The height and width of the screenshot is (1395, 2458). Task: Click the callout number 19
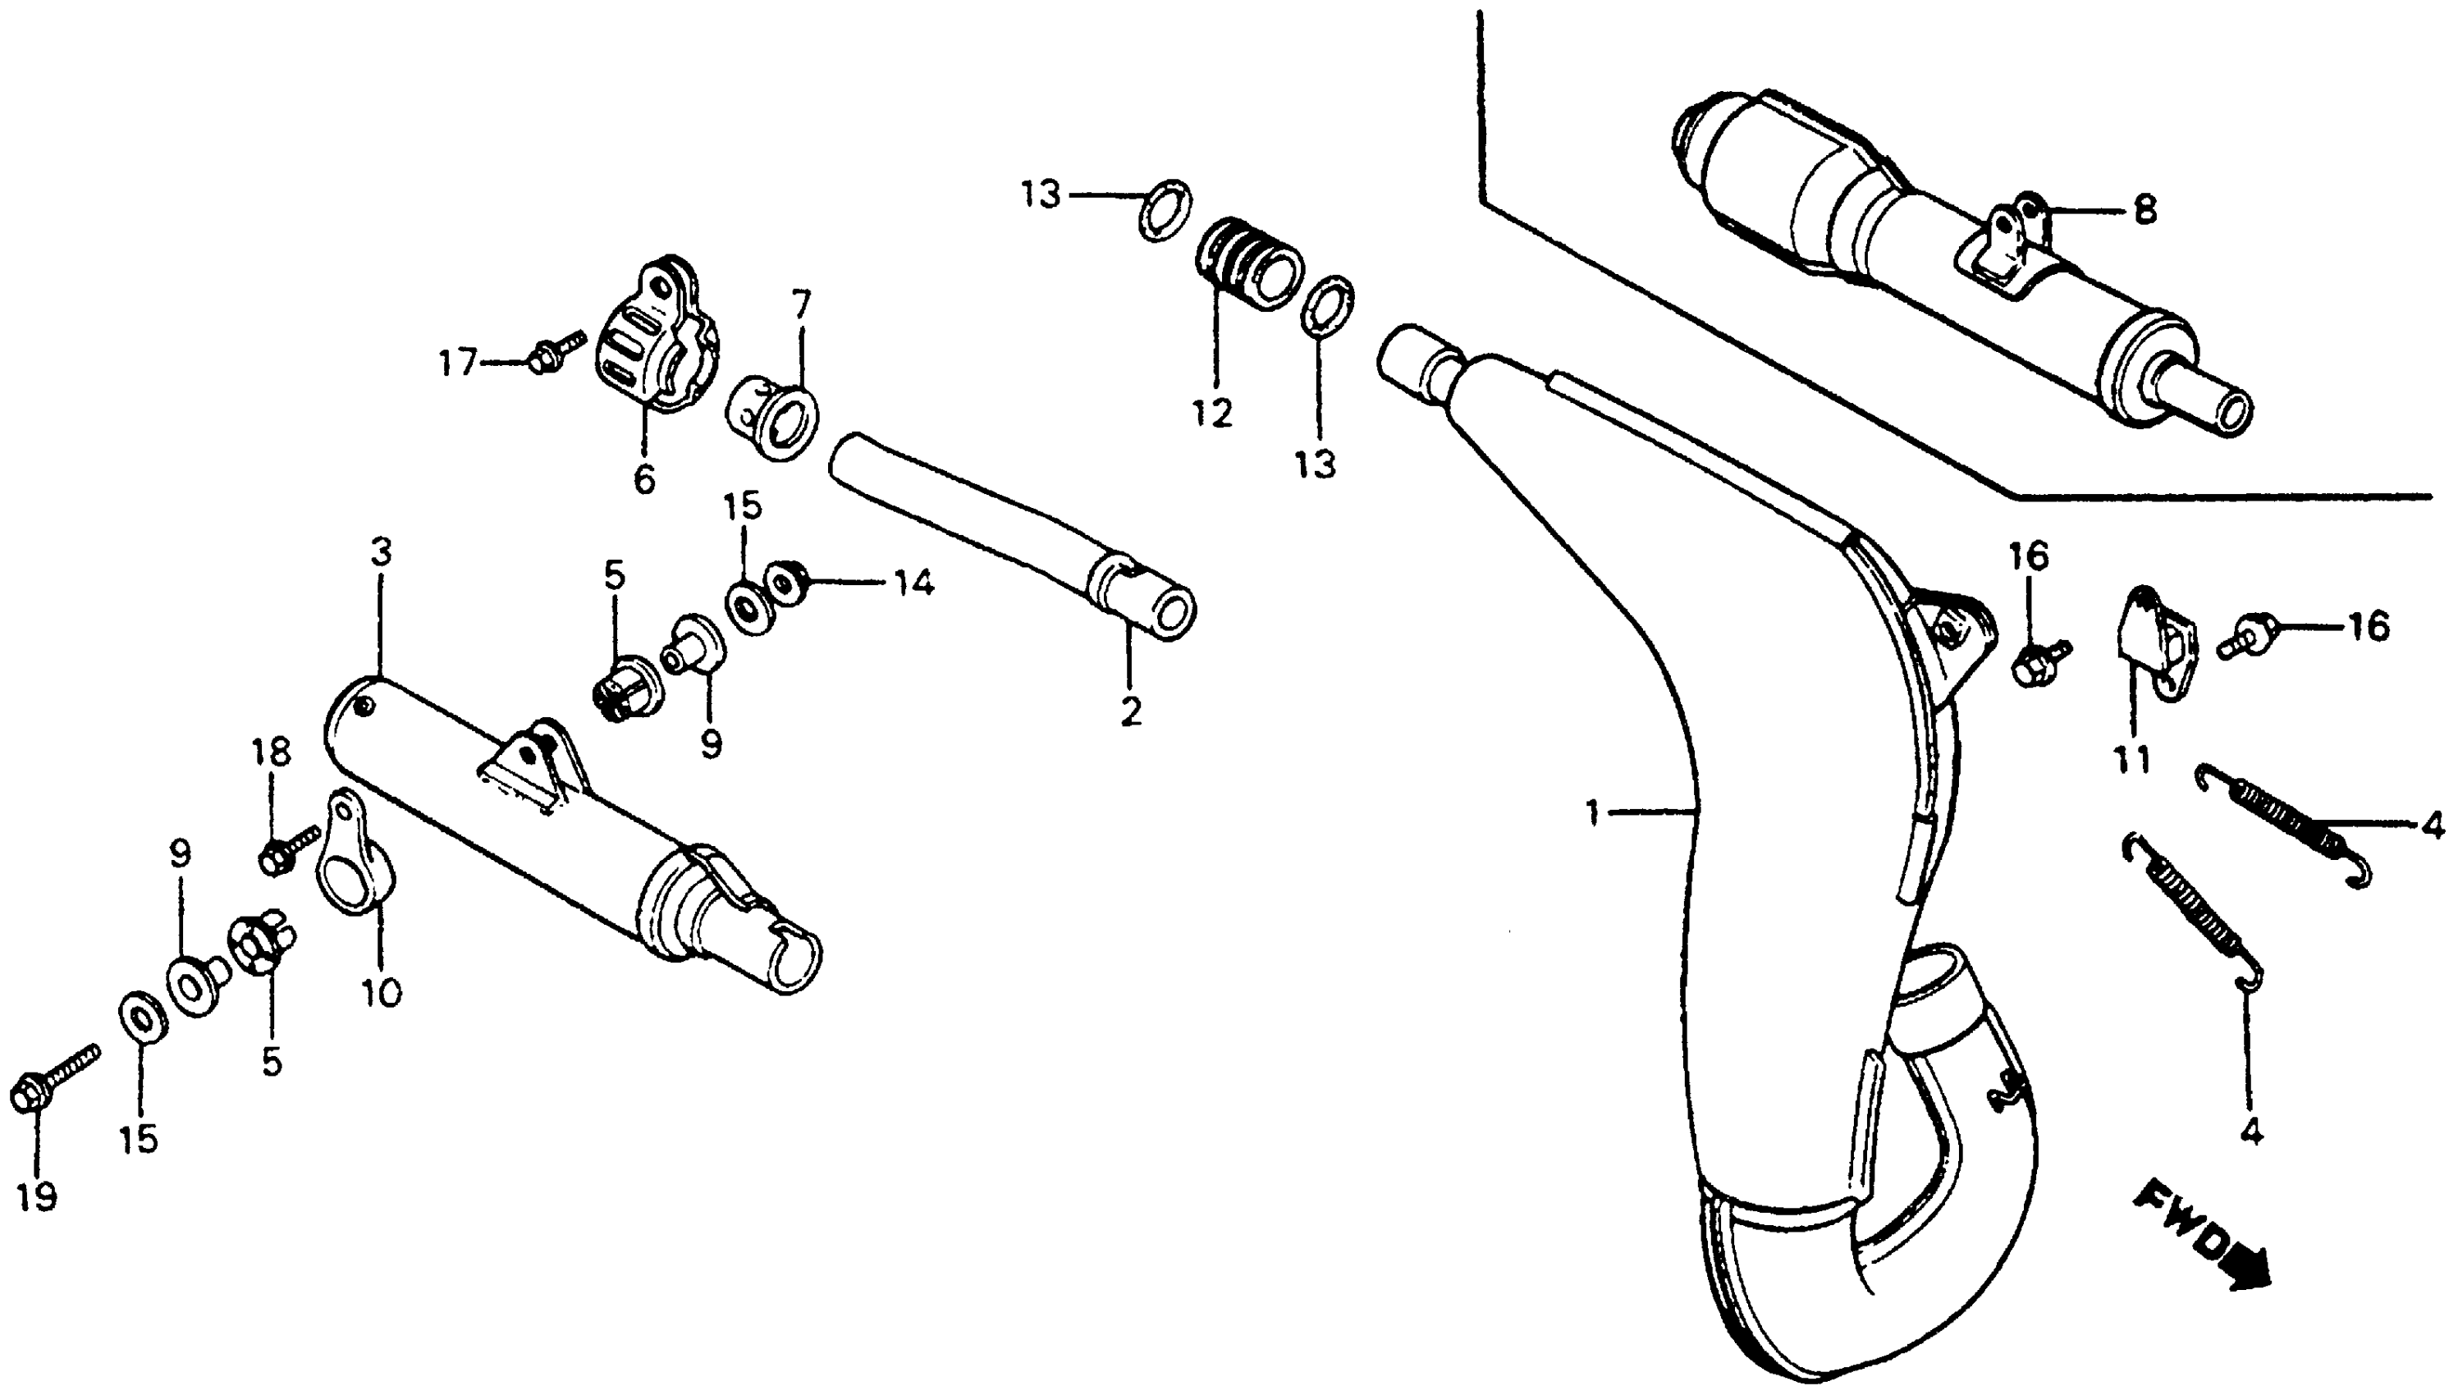(x=36, y=1196)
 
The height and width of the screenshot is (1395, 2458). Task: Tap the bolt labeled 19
(x=53, y=1079)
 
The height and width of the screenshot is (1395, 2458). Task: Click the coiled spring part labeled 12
(x=1250, y=263)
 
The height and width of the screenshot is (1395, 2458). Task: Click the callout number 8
(x=2144, y=209)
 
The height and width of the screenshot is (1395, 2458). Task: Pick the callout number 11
(x=2132, y=760)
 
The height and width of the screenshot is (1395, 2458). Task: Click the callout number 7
(x=801, y=305)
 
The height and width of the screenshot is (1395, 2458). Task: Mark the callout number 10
(x=382, y=994)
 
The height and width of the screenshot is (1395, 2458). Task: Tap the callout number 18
(x=271, y=752)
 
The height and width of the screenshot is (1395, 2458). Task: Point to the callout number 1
(x=1592, y=813)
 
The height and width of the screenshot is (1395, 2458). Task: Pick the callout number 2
(x=1131, y=712)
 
